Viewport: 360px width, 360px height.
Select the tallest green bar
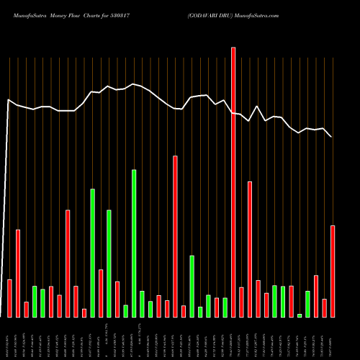coord(134,243)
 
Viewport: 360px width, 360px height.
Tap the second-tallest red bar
coord(175,236)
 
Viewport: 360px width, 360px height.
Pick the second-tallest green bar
coord(93,253)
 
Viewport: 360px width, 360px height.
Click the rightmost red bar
coord(333,271)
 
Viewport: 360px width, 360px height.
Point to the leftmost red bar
coord(9,298)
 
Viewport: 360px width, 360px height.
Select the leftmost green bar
coord(35,301)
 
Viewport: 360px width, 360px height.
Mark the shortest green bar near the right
coord(300,315)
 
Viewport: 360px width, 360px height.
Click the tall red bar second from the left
coord(18,273)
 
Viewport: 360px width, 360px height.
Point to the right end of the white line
coord(331,136)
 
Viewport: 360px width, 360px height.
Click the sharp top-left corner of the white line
coord(8,100)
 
